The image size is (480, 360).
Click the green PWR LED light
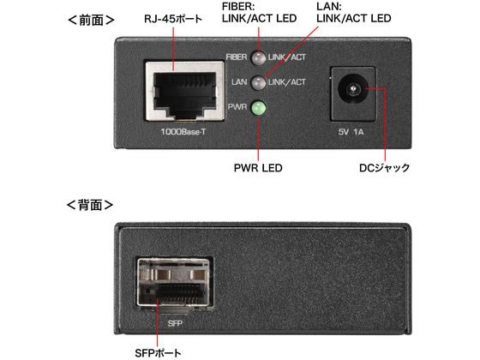[258, 108]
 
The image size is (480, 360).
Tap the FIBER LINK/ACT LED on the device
[258, 57]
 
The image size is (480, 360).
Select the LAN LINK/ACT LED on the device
[258, 82]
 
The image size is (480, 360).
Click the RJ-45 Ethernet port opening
[185, 91]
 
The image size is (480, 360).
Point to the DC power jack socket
[353, 90]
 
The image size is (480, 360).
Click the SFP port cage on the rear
[175, 283]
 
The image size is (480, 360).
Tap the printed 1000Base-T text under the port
[183, 132]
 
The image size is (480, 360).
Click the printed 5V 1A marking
[351, 132]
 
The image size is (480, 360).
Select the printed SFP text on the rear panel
[175, 323]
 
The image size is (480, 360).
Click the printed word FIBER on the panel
[237, 57]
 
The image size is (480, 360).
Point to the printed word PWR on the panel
[237, 107]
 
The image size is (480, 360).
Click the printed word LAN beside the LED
[239, 82]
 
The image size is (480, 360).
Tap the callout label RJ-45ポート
[173, 19]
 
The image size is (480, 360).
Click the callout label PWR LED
[258, 168]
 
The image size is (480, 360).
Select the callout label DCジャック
[385, 168]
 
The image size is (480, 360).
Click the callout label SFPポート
[158, 352]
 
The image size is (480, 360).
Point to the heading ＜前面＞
[91, 21]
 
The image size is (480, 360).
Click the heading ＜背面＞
[90, 205]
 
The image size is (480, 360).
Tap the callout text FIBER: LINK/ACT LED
[259, 12]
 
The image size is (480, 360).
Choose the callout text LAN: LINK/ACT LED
[353, 12]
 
